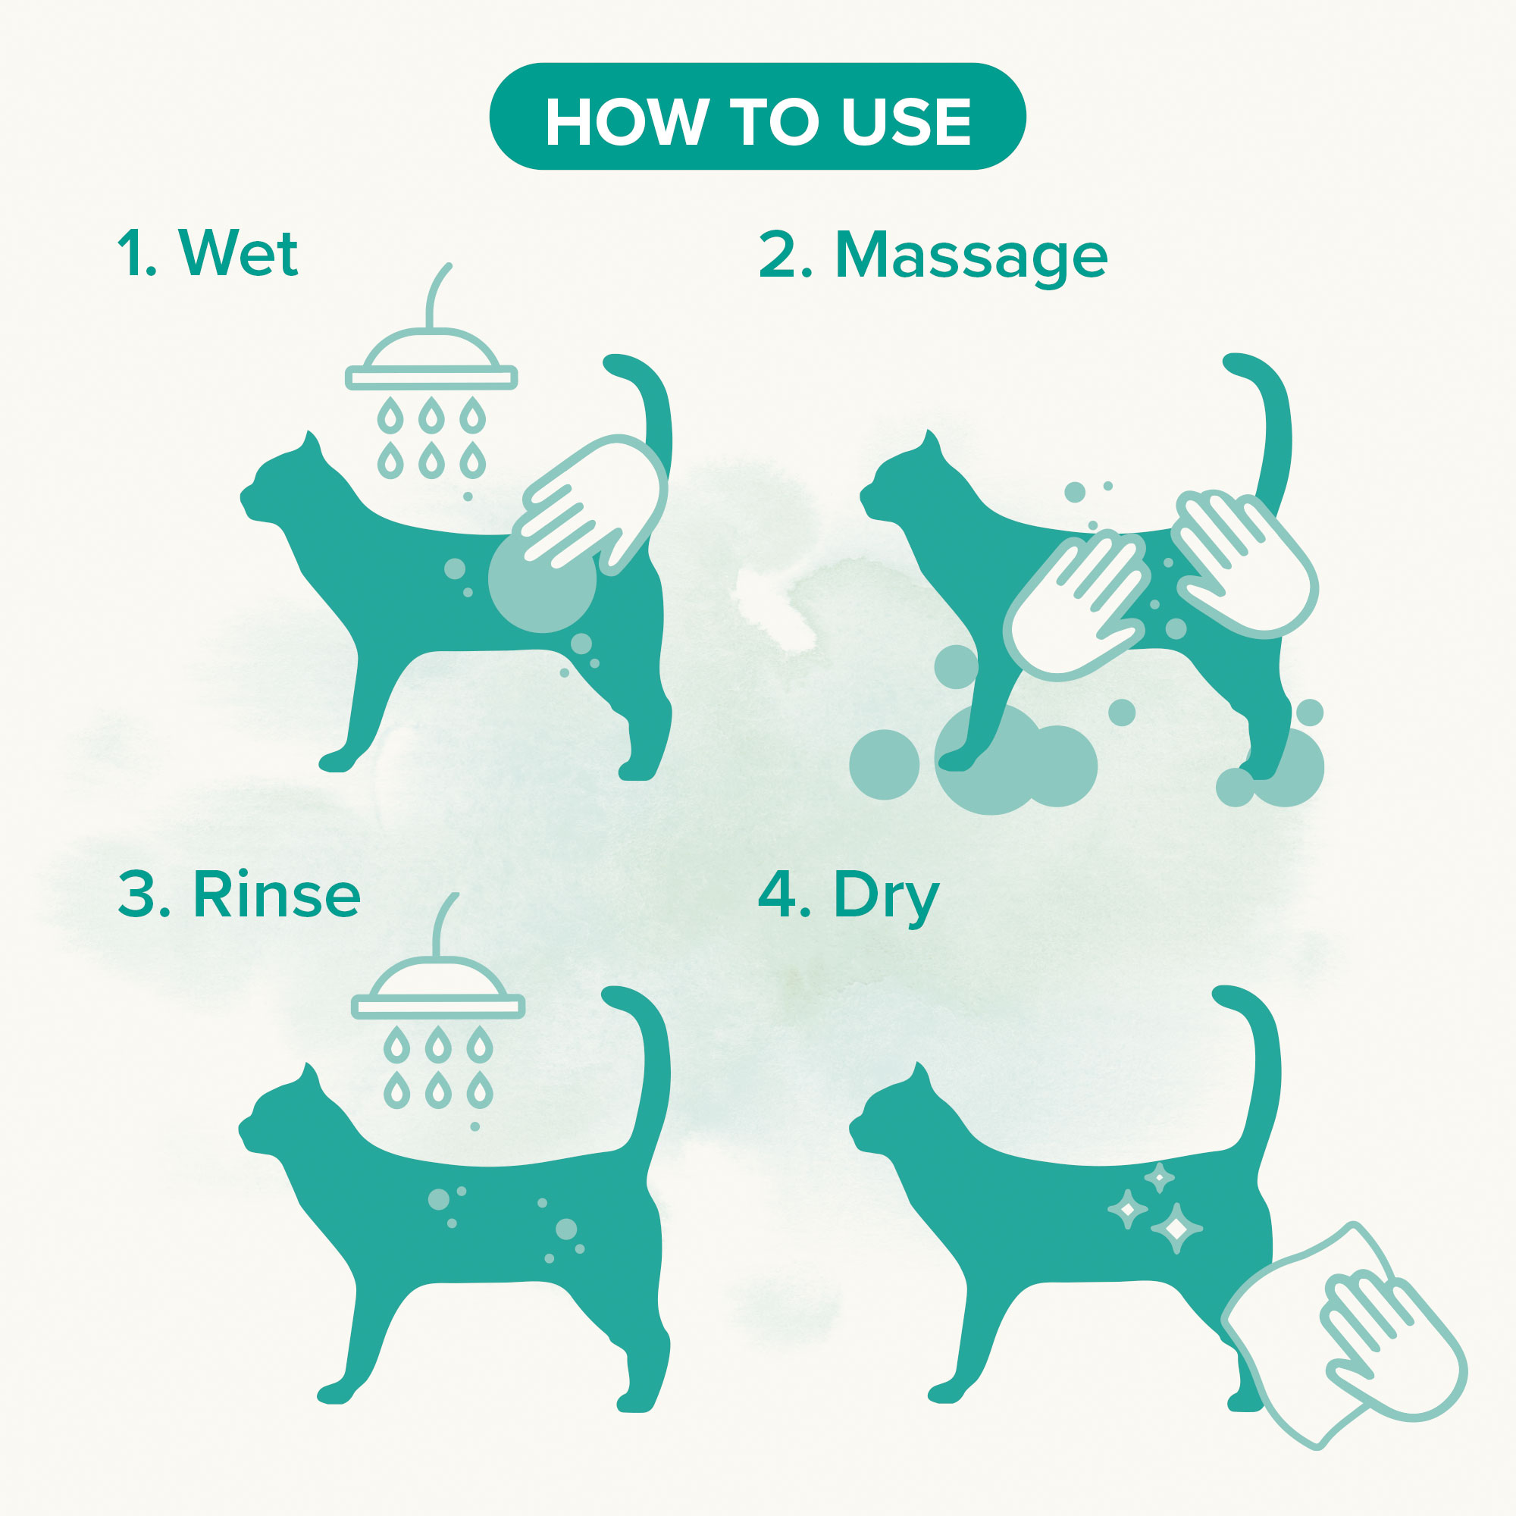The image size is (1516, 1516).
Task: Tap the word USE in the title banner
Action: [907, 121]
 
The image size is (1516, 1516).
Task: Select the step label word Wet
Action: [239, 252]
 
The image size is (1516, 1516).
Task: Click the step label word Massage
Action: [971, 257]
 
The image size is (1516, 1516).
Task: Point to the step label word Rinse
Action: [277, 894]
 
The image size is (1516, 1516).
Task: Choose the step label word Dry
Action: [887, 898]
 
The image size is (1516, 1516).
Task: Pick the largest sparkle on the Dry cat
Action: [1176, 1229]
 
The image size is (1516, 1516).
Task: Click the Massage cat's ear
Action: [931, 442]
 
